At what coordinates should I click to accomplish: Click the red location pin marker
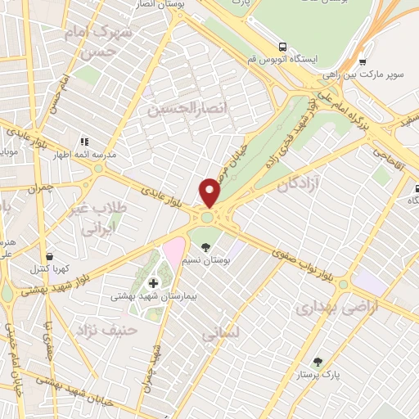[210, 191]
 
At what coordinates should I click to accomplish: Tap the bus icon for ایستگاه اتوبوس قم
[282, 47]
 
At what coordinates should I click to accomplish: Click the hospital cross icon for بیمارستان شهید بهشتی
[153, 283]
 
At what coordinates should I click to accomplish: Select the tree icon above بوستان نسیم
[205, 246]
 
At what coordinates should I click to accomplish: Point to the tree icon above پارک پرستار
[317, 362]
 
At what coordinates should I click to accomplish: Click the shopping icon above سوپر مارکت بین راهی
[362, 61]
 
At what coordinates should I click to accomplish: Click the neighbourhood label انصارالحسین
[173, 107]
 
